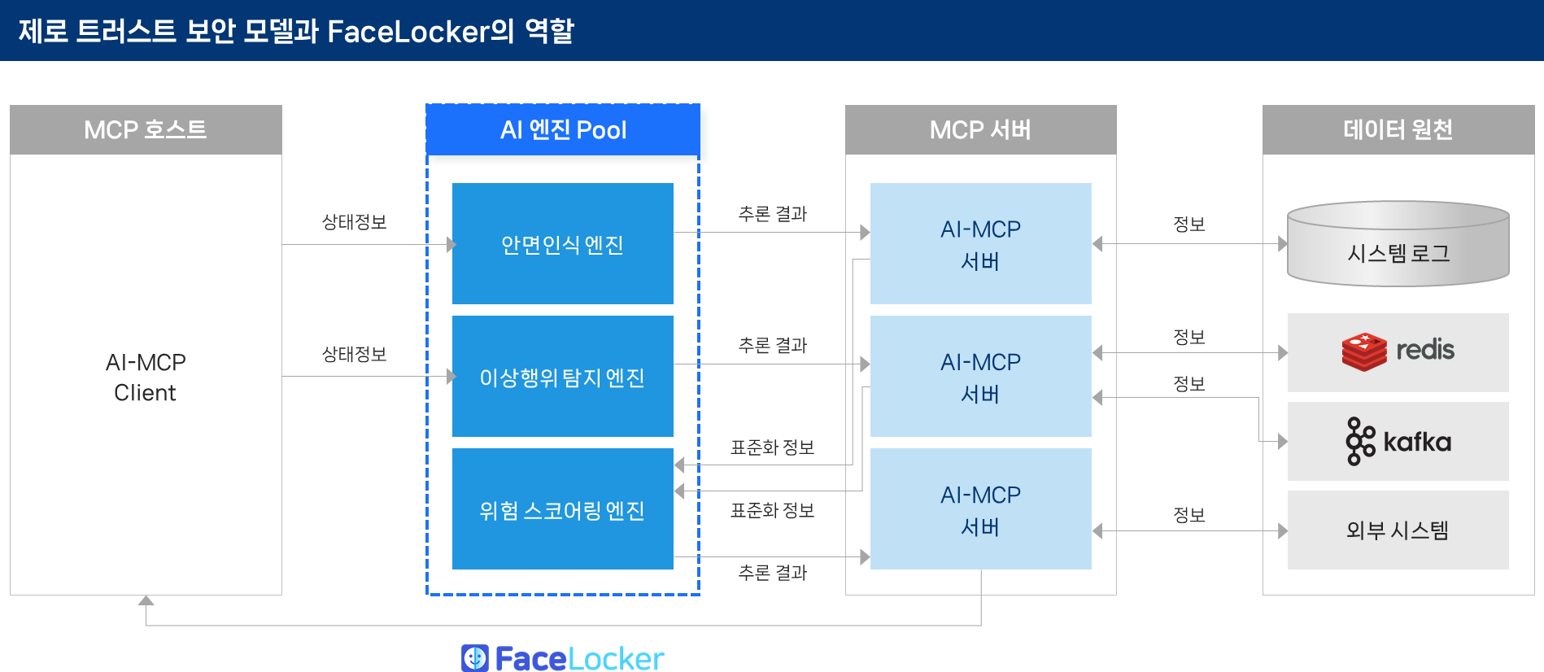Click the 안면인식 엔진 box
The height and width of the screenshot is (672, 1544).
point(562,244)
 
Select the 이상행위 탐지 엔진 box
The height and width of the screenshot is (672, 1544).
point(562,377)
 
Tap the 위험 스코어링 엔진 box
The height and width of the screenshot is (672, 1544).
point(562,509)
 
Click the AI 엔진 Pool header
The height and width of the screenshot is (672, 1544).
point(563,130)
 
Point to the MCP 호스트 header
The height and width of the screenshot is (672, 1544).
point(146,130)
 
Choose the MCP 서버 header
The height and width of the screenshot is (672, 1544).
point(980,130)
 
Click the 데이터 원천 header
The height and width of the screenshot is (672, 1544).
point(1398,130)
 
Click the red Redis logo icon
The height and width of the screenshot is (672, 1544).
point(1364,351)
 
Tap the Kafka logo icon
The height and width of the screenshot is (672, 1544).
point(1360,441)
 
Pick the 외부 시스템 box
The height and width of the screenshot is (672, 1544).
point(1398,530)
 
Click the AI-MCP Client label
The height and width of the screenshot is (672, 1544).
point(146,377)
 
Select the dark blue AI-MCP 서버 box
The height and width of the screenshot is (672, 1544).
point(980,510)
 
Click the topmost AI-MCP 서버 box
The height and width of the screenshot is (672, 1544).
point(980,244)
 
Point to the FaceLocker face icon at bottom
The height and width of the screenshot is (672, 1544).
point(475,657)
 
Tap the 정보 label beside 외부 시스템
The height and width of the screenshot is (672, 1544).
point(1189,515)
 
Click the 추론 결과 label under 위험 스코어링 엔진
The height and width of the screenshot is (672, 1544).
point(772,573)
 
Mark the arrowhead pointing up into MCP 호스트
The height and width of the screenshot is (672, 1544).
point(146,600)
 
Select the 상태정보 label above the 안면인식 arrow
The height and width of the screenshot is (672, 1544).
point(354,222)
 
